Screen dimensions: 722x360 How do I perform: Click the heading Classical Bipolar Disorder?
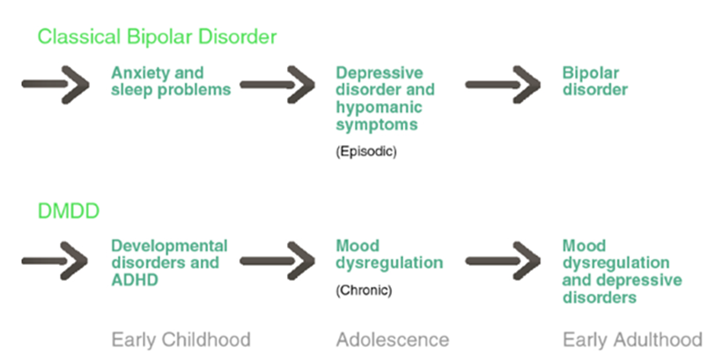(x=157, y=37)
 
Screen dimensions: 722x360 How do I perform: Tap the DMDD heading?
(x=68, y=211)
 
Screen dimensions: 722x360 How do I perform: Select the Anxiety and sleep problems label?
(x=171, y=82)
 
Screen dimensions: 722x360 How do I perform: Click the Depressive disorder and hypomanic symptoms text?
(x=385, y=99)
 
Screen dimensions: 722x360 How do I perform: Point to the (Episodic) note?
(x=366, y=151)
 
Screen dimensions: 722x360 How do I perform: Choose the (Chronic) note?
(x=364, y=290)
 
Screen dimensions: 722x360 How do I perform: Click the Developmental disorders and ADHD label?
(x=169, y=262)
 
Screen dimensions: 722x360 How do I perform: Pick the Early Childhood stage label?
(x=181, y=341)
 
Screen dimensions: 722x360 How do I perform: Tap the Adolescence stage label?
(x=393, y=341)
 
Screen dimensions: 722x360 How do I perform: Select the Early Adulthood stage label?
(x=632, y=341)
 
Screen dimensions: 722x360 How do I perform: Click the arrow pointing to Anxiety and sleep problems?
(x=55, y=84)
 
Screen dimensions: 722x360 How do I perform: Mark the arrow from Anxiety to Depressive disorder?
(x=277, y=84)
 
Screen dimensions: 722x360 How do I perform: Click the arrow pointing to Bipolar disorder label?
(x=503, y=84)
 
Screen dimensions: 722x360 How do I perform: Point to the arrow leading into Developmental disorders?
(x=55, y=261)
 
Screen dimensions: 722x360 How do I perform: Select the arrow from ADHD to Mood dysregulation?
(x=277, y=261)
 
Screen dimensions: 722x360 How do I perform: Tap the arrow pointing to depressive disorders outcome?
(x=503, y=261)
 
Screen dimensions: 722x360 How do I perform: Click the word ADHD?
(x=135, y=280)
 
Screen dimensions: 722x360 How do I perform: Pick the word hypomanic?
(x=379, y=107)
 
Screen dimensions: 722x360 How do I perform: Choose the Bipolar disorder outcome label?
(x=594, y=82)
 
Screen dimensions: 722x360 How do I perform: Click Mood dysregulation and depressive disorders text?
(x=623, y=272)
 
